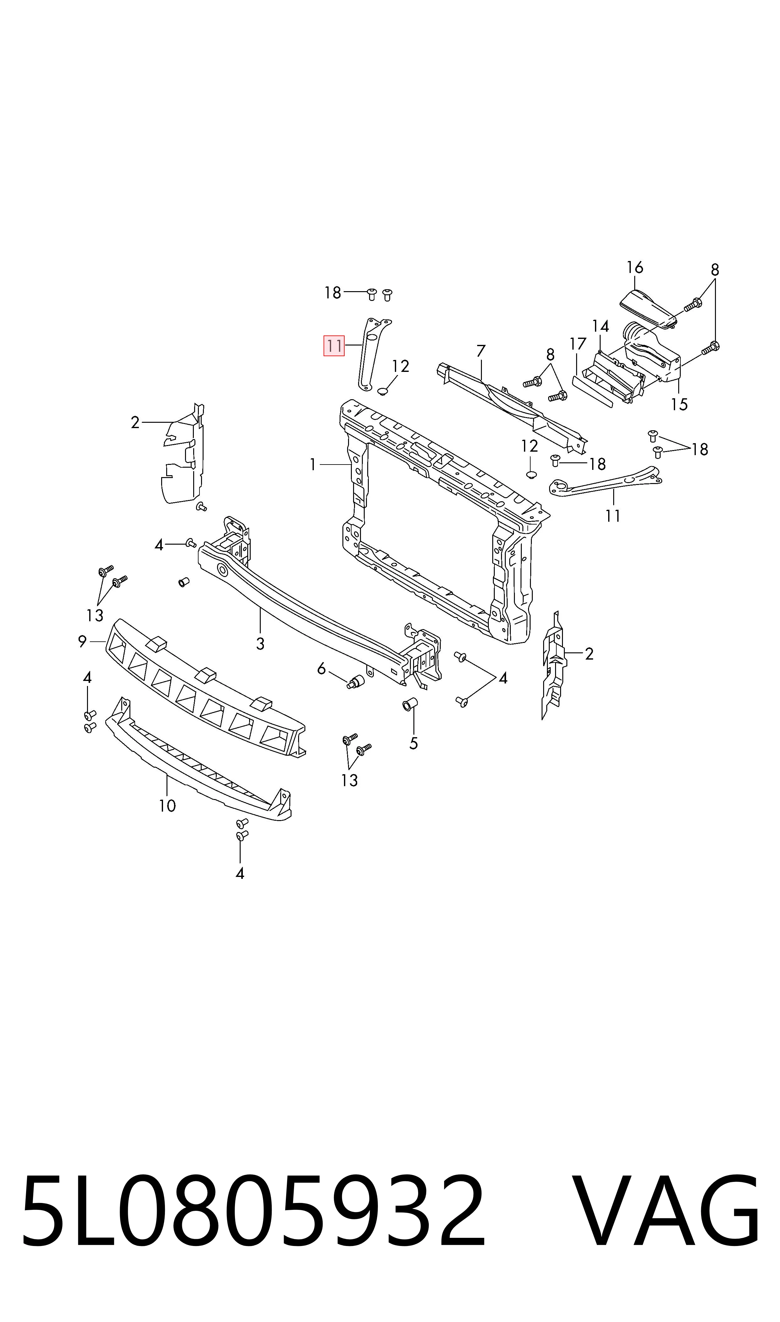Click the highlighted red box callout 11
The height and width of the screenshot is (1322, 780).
pos(334,346)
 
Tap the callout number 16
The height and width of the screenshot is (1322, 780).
pos(635,268)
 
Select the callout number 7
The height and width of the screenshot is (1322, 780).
pos(481,351)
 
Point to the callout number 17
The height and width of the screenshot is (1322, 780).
pos(578,344)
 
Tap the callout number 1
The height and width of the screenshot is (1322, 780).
pos(313,465)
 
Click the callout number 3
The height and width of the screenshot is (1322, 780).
pos(260,643)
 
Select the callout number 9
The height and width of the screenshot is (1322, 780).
pos(82,642)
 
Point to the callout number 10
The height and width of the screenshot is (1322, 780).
pos(167,806)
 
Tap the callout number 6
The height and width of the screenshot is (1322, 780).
pos(321,669)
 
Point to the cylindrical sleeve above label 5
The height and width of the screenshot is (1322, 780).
pos(409,704)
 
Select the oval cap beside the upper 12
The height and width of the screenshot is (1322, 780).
pos(383,391)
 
